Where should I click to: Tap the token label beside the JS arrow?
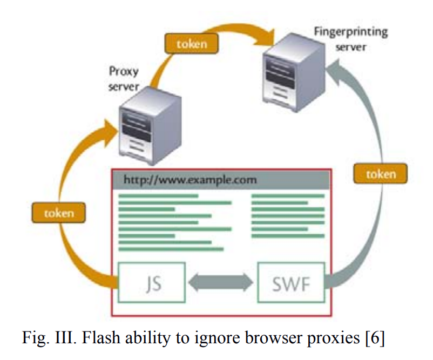coord(59,213)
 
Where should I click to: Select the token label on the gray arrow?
coord(381,174)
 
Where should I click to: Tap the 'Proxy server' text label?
coord(124,78)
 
